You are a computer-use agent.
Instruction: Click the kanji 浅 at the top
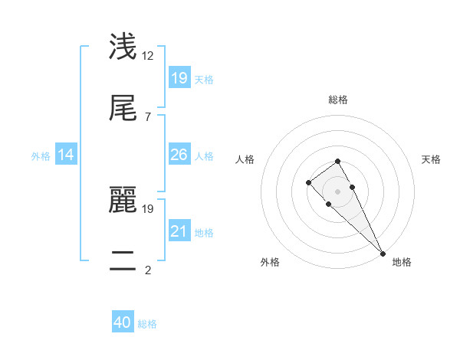(x=123, y=46)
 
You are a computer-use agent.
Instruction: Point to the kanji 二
(x=123, y=260)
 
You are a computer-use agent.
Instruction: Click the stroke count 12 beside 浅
(x=148, y=55)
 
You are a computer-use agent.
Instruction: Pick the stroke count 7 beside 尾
(x=147, y=116)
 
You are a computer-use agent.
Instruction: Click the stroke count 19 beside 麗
(x=148, y=208)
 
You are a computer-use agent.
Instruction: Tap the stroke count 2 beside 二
(x=147, y=270)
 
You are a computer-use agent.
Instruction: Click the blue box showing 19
(x=179, y=77)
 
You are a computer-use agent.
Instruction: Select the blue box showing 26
(x=179, y=155)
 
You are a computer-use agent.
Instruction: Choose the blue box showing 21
(x=179, y=231)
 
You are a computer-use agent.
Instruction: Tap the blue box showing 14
(x=66, y=155)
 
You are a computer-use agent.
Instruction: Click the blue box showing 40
(x=123, y=322)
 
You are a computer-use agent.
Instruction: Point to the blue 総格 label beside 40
(x=147, y=324)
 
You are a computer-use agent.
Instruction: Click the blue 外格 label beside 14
(x=41, y=155)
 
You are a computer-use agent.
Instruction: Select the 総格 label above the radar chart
(x=338, y=100)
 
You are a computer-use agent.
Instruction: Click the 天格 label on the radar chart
(x=431, y=159)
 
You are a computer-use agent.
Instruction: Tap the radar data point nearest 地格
(x=383, y=254)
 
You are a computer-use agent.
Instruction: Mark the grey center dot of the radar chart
(x=337, y=191)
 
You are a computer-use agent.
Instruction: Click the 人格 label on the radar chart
(x=245, y=159)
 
